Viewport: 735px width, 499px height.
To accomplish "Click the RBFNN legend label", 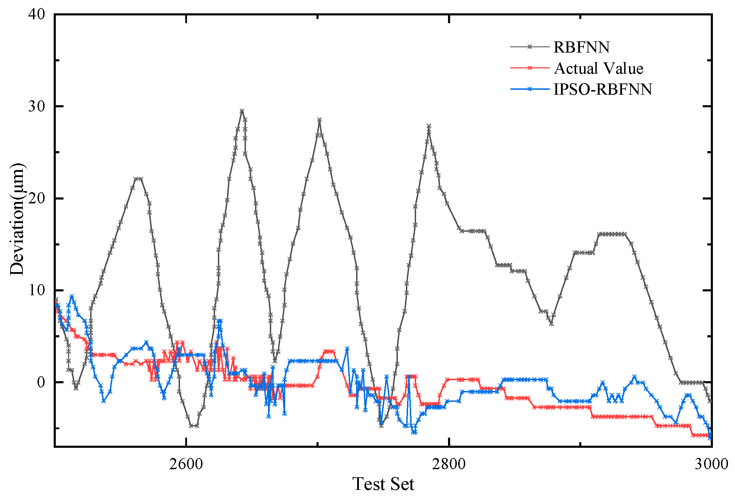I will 581,47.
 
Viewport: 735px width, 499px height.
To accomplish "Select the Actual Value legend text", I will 599,68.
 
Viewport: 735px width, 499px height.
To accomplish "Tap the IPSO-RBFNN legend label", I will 602,89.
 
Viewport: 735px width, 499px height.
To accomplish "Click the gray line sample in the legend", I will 529,47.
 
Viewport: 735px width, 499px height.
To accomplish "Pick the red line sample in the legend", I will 529,68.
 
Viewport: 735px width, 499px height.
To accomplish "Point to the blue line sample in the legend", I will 529,89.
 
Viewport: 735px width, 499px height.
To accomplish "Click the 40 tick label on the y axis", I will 37,14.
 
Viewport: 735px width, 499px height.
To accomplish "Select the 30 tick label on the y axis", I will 37,106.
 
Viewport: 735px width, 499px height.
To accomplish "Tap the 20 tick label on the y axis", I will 37,198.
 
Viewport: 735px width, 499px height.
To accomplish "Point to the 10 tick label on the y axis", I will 37,290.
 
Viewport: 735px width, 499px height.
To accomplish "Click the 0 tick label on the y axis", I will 41,382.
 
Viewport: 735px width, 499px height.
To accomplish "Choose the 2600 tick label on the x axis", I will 186,464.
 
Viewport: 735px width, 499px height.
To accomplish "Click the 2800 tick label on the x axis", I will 449,464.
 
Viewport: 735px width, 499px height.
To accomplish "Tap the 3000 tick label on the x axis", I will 711,464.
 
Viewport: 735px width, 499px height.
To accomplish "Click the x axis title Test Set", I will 383,484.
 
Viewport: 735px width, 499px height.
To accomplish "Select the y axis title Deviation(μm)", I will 17,220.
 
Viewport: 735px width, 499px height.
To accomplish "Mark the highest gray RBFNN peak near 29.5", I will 242,111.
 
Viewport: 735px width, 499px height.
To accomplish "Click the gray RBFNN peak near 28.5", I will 319,120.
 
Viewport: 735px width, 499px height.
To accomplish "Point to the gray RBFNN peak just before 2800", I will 429,126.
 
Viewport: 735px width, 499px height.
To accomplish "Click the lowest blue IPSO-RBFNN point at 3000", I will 710,438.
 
